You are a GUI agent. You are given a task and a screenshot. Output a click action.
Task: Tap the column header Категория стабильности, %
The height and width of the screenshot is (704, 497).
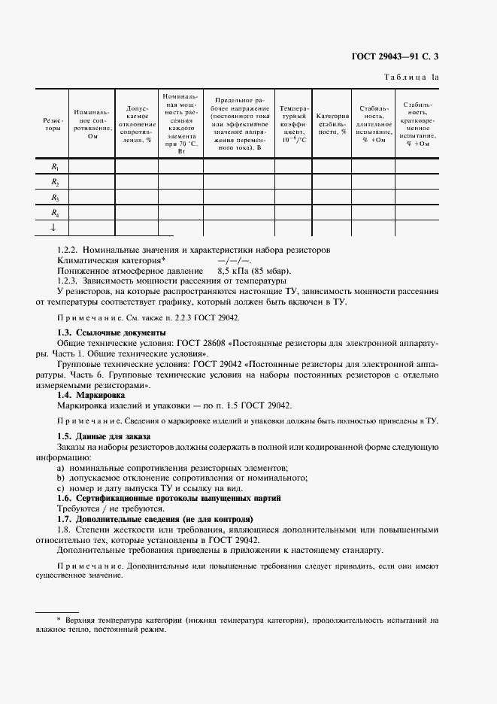[x=332, y=124]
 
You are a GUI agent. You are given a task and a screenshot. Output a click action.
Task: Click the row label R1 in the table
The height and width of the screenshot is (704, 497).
[x=55, y=166]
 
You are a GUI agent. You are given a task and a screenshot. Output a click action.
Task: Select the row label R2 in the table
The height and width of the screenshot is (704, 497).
[x=55, y=182]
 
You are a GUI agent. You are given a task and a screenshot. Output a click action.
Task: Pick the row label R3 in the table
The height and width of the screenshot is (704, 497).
[x=55, y=197]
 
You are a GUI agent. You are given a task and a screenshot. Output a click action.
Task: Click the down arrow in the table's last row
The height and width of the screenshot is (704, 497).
[x=54, y=227]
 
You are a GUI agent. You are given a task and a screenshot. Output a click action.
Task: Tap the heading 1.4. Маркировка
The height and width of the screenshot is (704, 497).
[x=92, y=395]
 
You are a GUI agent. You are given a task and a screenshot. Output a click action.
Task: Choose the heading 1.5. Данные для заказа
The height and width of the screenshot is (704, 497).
[x=105, y=436]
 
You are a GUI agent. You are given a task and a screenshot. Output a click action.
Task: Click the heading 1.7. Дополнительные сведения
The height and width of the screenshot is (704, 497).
[x=156, y=519]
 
